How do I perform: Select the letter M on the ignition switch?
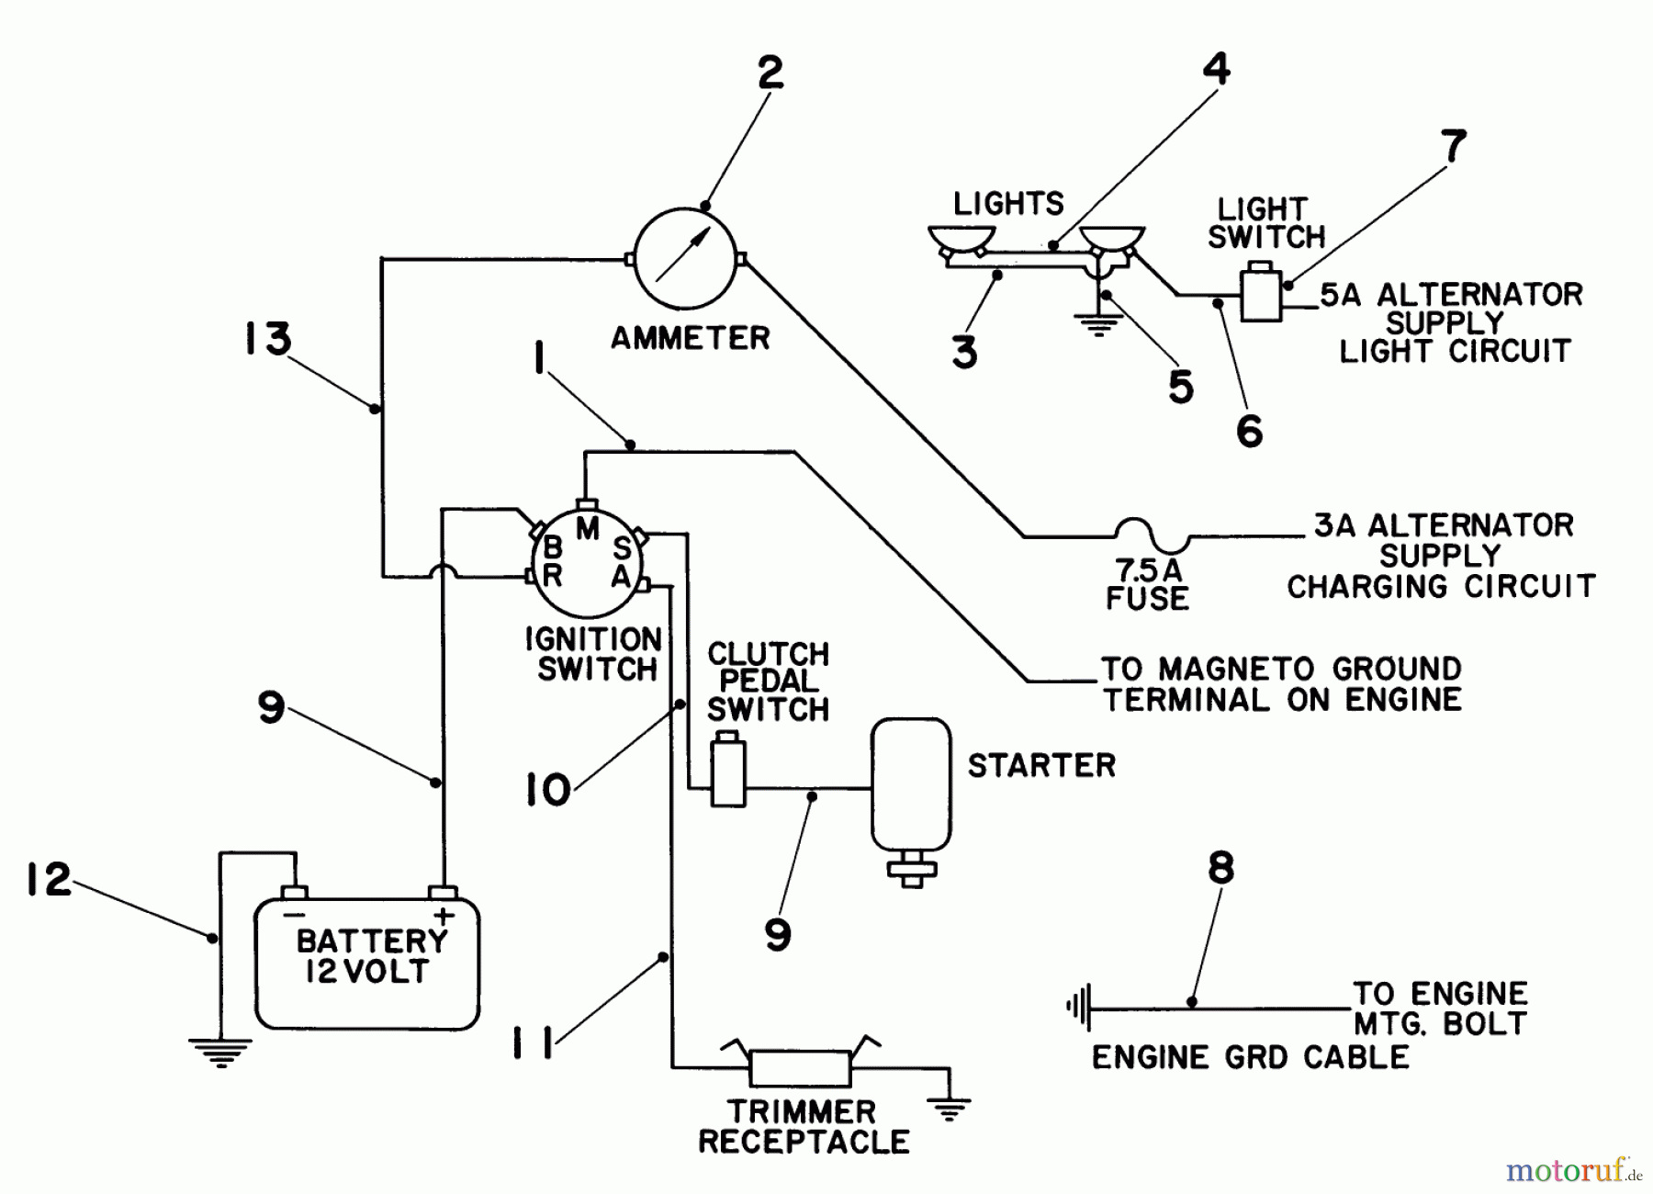[x=588, y=529]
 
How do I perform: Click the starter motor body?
[x=911, y=783]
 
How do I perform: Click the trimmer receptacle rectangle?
[x=801, y=1067]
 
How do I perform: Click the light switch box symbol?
[x=1261, y=293]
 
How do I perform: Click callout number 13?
[x=267, y=339]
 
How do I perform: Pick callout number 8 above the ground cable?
[x=1220, y=868]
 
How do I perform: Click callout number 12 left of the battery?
[x=49, y=880]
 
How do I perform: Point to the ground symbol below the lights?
[x=1098, y=324]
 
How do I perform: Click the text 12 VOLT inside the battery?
[x=366, y=973]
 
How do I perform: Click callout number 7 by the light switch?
[x=1453, y=147]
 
